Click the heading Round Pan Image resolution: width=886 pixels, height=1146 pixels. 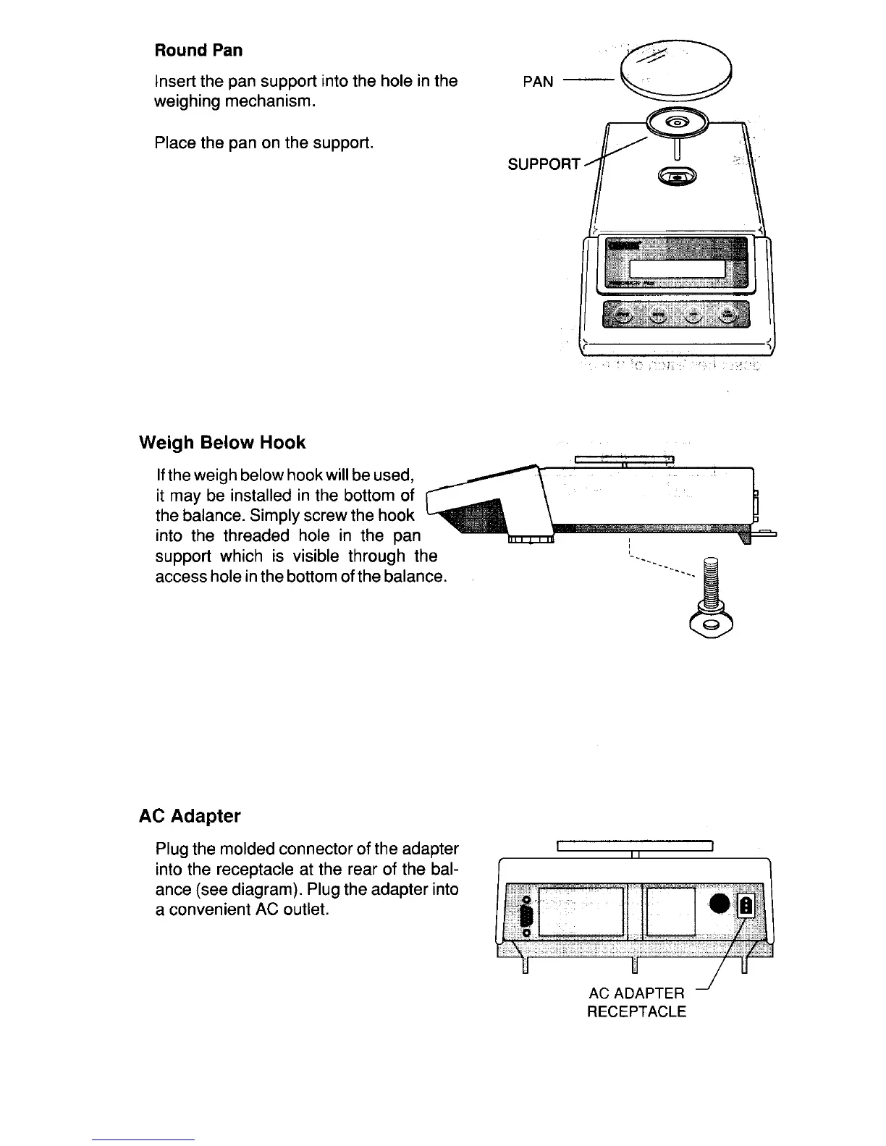tap(198, 51)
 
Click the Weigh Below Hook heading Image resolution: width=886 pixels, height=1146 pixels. tap(222, 443)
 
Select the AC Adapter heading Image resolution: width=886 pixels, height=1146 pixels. tap(190, 816)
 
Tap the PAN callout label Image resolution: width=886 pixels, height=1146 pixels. tap(537, 82)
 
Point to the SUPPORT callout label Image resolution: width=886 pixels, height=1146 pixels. tap(544, 164)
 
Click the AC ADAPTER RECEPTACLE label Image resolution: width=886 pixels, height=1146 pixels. tap(636, 1002)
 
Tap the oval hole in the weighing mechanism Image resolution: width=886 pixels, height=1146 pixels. tap(677, 175)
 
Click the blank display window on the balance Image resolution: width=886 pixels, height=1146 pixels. tap(677, 269)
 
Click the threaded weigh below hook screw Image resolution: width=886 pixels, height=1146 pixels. tap(710, 582)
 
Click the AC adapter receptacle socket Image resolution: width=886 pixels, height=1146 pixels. tap(746, 906)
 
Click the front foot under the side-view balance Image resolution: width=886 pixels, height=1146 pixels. tap(531, 540)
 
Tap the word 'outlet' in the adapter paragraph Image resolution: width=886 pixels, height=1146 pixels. tap(303, 909)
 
